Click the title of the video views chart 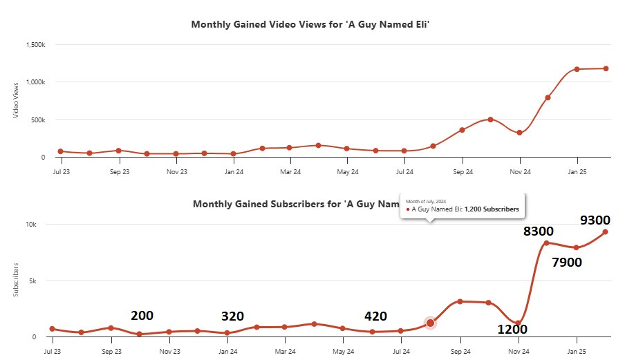click(x=315, y=24)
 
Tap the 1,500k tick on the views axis click(x=35, y=45)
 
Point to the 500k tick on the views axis click(x=37, y=120)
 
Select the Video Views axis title click(x=16, y=101)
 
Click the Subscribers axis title click(x=16, y=281)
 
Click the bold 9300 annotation click(x=595, y=220)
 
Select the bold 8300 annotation click(x=538, y=231)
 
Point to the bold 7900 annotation click(x=566, y=262)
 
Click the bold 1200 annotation click(x=513, y=329)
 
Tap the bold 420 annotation click(x=375, y=316)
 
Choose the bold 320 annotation click(x=232, y=316)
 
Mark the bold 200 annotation click(x=142, y=316)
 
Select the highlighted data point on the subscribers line click(x=431, y=323)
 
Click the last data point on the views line click(x=606, y=68)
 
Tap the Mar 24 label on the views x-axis click(x=290, y=171)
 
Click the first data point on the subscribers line click(x=53, y=329)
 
